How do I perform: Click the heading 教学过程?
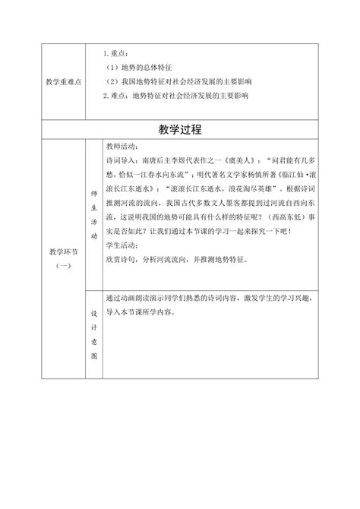pyautogui.click(x=180, y=129)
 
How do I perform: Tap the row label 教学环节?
pyautogui.click(x=62, y=248)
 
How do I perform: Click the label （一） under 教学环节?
pyautogui.click(x=62, y=261)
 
